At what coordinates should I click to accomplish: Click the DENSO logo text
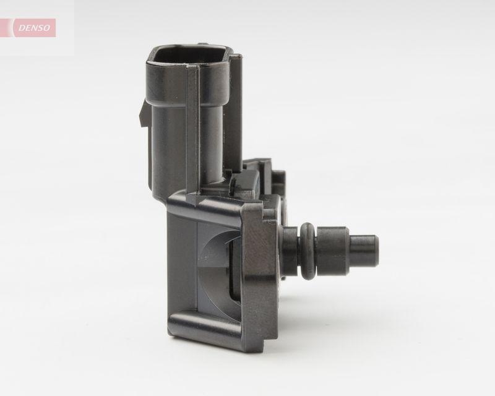pos(33,28)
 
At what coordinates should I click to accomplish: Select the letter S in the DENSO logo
pos(41,28)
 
